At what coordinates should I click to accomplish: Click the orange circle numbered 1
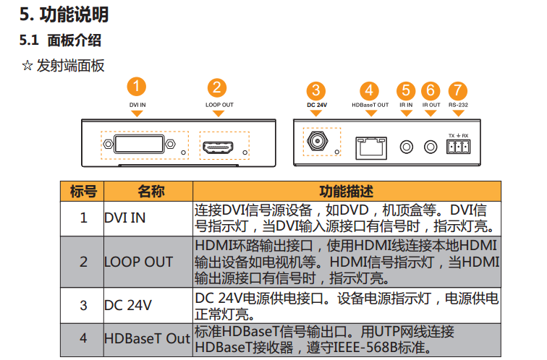click(x=136, y=87)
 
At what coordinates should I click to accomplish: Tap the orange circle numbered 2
click(x=217, y=87)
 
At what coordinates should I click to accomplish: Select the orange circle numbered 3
click(x=316, y=90)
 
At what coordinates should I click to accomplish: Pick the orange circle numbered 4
click(x=370, y=90)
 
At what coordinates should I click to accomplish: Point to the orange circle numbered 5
click(x=406, y=90)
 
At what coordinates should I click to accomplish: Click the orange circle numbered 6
click(x=431, y=90)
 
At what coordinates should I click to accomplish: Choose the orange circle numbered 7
click(x=457, y=90)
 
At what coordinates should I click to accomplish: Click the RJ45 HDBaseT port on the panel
click(x=370, y=147)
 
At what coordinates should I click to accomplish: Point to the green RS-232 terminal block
click(x=458, y=147)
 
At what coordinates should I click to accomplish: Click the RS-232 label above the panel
click(x=457, y=106)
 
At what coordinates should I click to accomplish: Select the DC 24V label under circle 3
click(x=317, y=106)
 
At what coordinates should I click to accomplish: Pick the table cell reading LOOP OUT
click(x=138, y=262)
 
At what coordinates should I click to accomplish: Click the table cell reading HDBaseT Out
click(x=147, y=338)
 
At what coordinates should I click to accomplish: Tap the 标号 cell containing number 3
click(x=83, y=305)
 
